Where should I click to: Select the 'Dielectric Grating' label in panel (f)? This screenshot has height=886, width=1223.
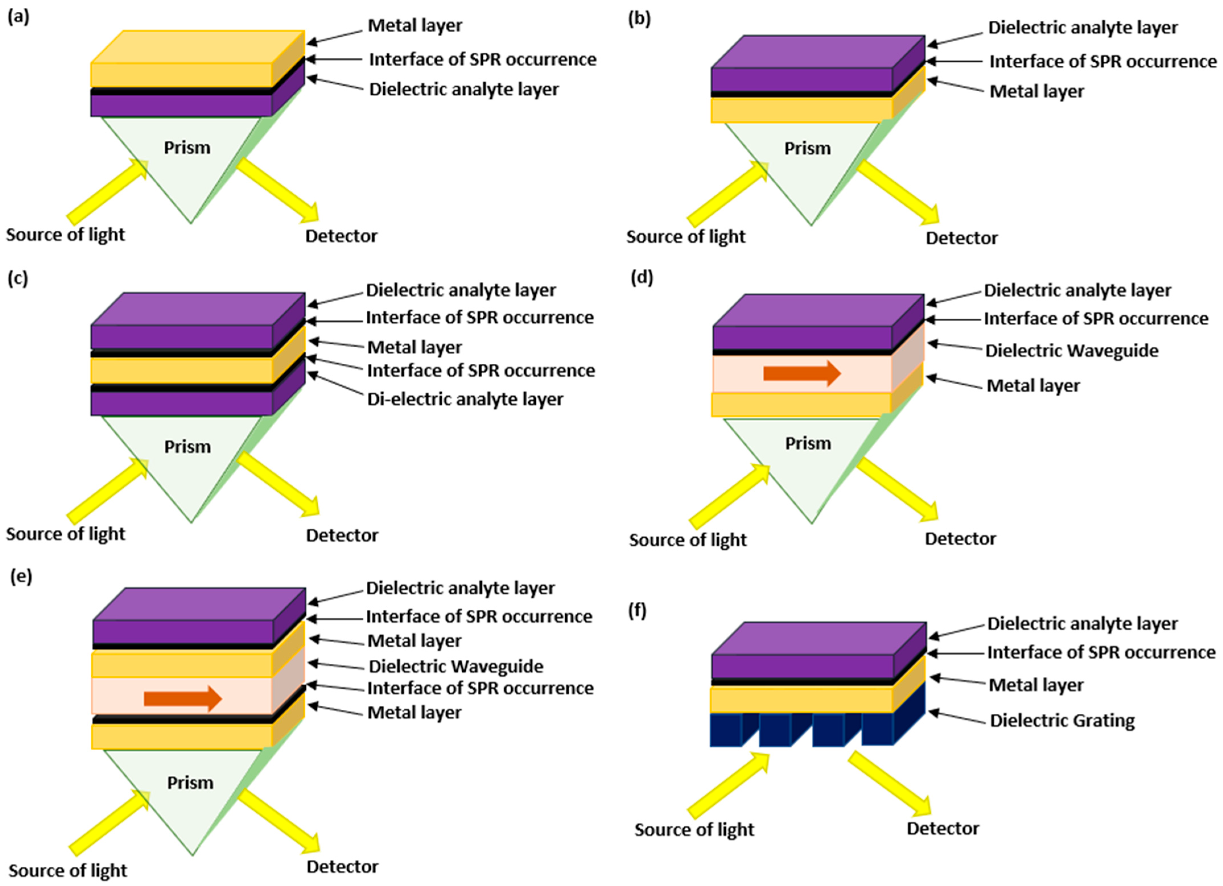[x=1062, y=721]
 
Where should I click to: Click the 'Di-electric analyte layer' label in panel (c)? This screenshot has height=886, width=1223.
[x=465, y=399]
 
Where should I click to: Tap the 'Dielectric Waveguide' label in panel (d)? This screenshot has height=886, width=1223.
[x=1071, y=351]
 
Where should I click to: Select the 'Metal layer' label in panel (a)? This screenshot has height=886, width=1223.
[x=415, y=25]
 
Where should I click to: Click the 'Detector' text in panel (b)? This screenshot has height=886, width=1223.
[x=962, y=238]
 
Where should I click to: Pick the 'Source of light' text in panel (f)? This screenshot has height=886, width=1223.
[x=694, y=829]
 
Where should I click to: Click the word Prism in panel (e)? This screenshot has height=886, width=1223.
[x=190, y=783]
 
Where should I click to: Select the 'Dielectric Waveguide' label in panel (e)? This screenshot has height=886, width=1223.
[x=456, y=667]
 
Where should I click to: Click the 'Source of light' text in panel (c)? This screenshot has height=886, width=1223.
[x=65, y=534]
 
